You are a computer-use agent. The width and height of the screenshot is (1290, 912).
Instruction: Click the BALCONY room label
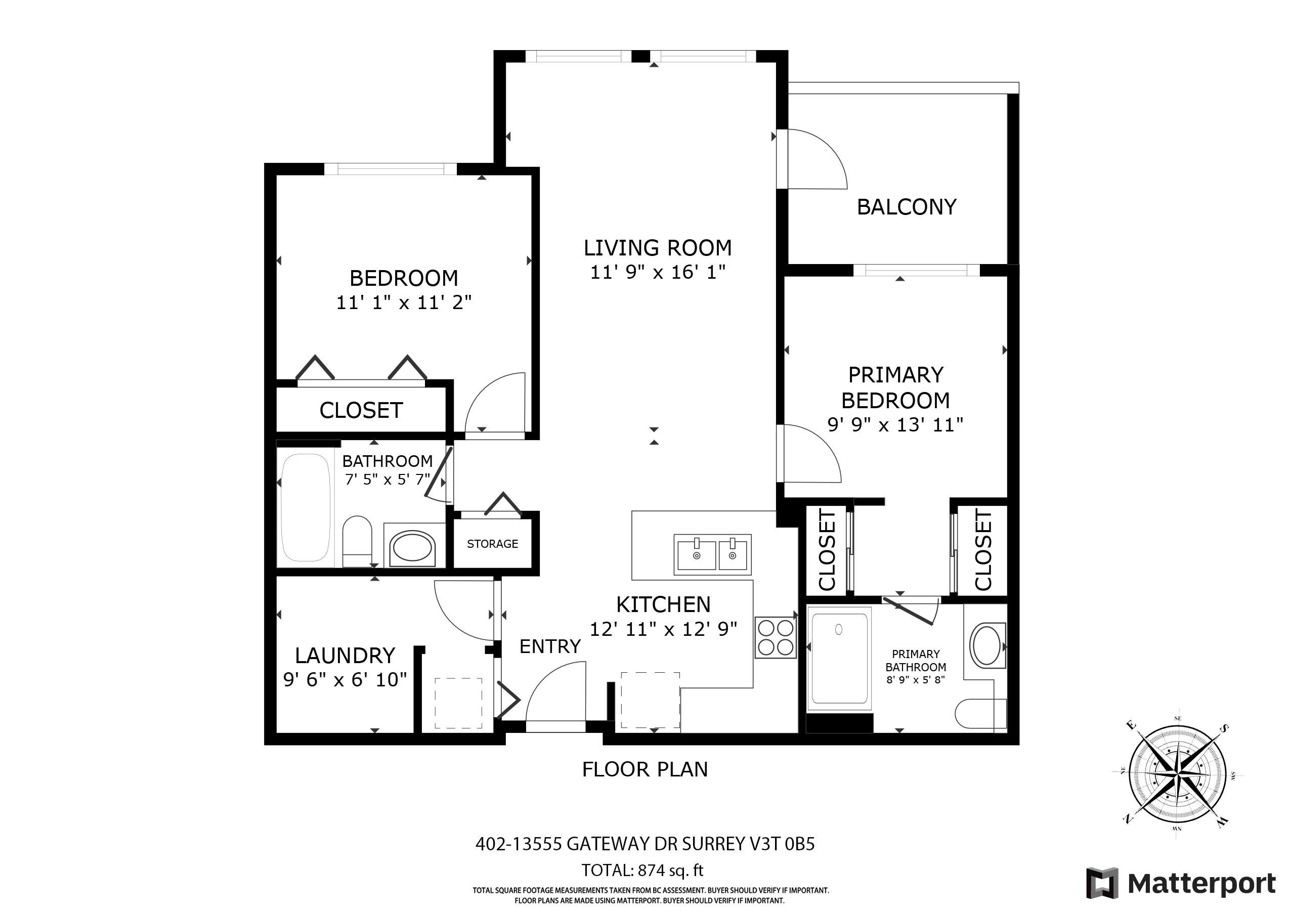coord(906,207)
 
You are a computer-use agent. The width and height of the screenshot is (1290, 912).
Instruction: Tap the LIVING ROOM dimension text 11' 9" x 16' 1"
coord(657,273)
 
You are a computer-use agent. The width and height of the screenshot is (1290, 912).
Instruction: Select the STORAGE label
coord(492,543)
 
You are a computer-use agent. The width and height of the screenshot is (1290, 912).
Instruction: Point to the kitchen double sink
coord(712,554)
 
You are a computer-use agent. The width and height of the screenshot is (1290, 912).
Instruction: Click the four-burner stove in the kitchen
coord(776,637)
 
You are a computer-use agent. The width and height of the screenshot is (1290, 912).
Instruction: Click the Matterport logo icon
coord(1101,883)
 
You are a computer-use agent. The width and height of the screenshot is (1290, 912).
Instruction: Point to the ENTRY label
coord(549,647)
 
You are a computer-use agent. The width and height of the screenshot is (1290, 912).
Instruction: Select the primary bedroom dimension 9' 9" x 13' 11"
coord(895,425)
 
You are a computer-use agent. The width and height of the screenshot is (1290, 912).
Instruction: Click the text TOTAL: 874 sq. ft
coord(642,871)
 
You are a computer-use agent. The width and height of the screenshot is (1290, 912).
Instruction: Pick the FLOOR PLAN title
coord(645,769)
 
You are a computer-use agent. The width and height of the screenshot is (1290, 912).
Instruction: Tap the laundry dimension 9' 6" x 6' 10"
coord(345,680)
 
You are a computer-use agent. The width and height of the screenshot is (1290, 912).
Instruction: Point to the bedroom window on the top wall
coord(391,168)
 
